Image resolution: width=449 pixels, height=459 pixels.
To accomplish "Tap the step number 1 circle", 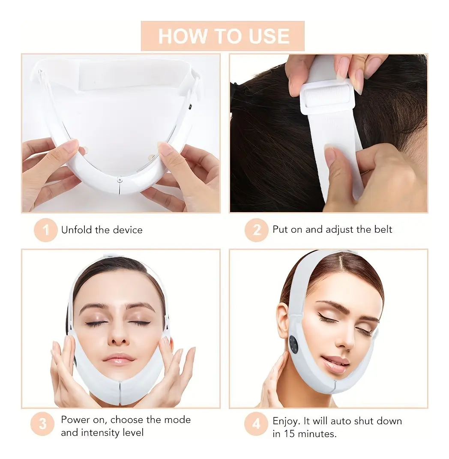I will pos(45,230).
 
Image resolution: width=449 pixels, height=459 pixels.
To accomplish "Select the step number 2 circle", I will pos(256,230).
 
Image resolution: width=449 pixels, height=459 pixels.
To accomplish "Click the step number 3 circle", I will pos(43,425).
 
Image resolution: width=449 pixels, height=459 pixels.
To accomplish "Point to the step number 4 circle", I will pos(256,425).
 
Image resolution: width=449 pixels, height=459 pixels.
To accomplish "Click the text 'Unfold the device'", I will pos(102,230).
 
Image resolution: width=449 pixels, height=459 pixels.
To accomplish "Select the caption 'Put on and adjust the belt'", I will pos(332,229).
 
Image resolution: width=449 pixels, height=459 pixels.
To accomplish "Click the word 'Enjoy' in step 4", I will pos(285,421).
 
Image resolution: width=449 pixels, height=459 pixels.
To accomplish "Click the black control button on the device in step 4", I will pos(294,344).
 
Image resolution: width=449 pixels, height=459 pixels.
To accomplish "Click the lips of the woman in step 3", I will pos(119,358).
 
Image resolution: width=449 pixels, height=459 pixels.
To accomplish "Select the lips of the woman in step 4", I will pos(335,362).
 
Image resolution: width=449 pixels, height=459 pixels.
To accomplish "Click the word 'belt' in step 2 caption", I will pos(382,229).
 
